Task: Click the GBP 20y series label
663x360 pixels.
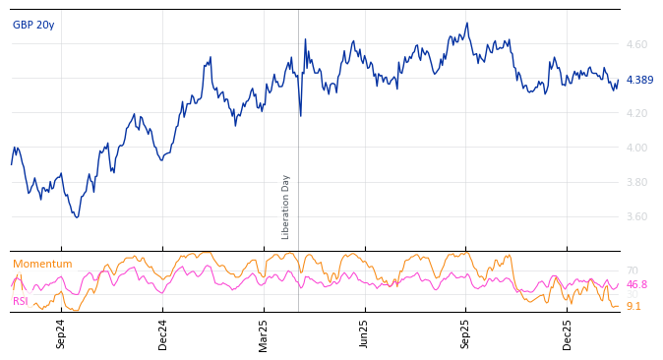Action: click(33, 26)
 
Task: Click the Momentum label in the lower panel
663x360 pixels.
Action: click(42, 265)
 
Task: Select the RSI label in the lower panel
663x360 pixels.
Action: click(21, 301)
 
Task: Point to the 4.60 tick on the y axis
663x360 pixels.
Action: click(636, 44)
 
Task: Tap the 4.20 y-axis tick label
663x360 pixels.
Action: click(636, 113)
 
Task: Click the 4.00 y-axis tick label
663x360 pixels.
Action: click(636, 148)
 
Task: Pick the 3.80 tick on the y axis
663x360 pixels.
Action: click(636, 182)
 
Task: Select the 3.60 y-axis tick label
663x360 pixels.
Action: click(636, 216)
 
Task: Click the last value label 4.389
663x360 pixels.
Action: click(639, 81)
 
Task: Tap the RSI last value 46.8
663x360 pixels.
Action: click(636, 285)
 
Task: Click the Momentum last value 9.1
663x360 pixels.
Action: click(633, 307)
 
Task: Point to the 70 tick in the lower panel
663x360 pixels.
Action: click(632, 270)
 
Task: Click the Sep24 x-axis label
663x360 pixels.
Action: click(61, 333)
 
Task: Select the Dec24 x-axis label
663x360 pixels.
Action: click(163, 333)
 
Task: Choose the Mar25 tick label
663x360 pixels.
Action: click(264, 333)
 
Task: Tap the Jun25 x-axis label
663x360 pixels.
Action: click(364, 333)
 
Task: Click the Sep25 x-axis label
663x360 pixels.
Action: click(465, 333)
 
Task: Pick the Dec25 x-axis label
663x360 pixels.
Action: click(567, 333)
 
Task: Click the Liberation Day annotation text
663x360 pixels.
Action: click(286, 207)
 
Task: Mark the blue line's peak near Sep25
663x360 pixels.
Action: click(467, 23)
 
